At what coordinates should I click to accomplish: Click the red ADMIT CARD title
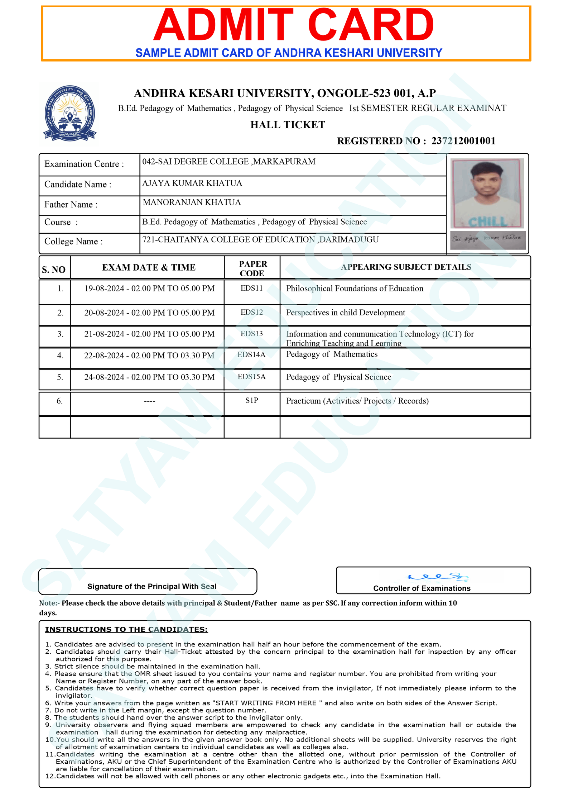coord(293,26)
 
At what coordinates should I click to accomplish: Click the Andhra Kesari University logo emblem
coord(70,113)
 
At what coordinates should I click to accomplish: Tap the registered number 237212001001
coord(463,141)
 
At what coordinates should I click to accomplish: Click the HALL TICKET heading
coord(288,125)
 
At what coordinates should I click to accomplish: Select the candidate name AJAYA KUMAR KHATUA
coord(192,183)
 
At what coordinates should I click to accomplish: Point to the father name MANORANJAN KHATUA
coord(192,202)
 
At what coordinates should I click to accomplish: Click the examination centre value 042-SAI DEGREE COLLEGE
coord(228,162)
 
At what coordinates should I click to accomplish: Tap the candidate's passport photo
coord(487,193)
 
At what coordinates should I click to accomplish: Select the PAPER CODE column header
coord(252,268)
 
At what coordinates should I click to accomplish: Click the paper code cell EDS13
coord(251,334)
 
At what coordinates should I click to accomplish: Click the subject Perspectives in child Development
coord(345,313)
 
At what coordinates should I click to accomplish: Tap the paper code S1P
coord(251,400)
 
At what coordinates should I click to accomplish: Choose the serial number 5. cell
coord(60,377)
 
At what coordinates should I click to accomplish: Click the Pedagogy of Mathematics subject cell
coord(332,354)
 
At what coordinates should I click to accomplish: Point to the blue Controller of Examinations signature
coord(438,576)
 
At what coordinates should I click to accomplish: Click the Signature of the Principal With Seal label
coord(152,586)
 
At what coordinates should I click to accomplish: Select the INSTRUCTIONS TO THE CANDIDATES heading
coord(126,629)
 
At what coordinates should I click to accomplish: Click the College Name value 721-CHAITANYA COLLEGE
coord(260,239)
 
